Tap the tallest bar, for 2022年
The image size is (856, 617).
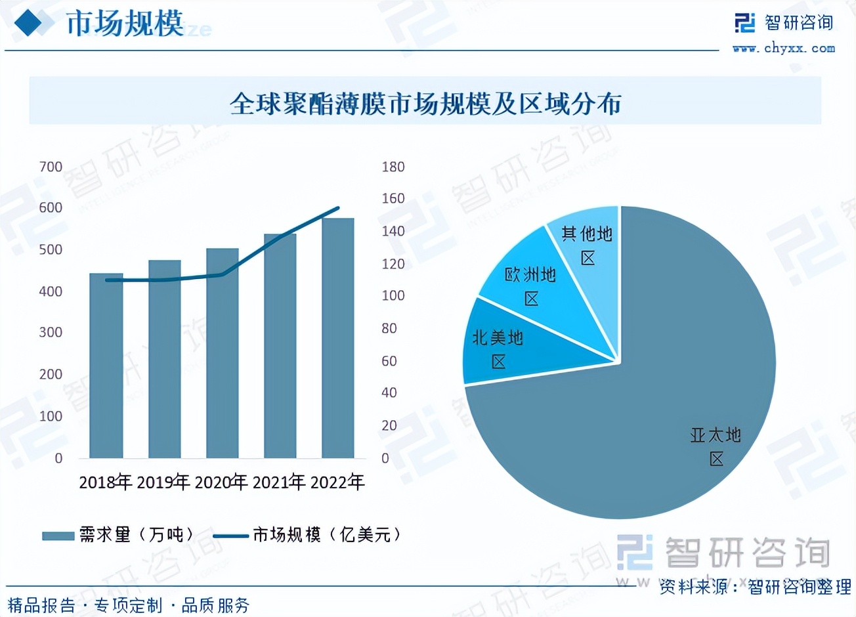(338, 338)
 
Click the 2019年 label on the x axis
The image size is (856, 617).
(163, 482)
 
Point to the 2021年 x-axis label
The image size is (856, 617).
(279, 482)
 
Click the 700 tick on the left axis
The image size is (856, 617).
(51, 167)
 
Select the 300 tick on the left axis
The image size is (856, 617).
(51, 333)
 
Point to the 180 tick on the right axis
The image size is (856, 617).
(393, 167)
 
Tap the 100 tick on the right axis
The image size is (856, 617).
(393, 296)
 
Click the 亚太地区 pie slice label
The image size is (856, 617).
(716, 446)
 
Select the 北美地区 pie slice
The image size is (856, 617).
(499, 349)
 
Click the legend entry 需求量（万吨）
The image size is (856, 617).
(118, 535)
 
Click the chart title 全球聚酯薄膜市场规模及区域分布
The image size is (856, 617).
(425, 104)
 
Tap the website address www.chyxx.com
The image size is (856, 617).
(784, 48)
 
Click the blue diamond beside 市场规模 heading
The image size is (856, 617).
(33, 24)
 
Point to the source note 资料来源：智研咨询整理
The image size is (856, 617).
(755, 586)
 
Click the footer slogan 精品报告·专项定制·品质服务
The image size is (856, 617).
(129, 605)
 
